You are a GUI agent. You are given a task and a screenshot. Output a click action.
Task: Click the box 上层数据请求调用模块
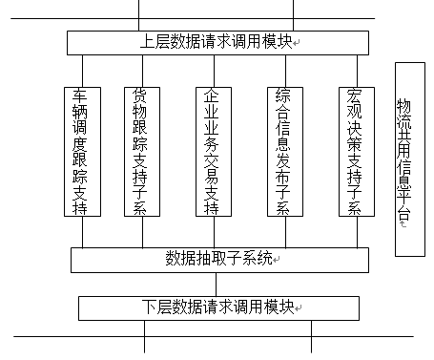(x=217, y=42)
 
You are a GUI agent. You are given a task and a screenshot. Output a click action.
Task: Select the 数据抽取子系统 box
(x=219, y=259)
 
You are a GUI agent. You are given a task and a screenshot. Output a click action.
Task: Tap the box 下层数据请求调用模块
(x=219, y=307)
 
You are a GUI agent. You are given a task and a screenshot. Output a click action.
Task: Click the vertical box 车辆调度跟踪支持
(x=81, y=153)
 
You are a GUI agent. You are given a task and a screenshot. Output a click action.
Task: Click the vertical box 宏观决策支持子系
(x=353, y=153)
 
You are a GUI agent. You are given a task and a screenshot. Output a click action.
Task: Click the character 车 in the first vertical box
(x=81, y=96)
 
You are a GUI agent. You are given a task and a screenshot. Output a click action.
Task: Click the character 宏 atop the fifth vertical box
(x=353, y=96)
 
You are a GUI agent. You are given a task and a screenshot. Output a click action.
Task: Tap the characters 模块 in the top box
(x=277, y=42)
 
